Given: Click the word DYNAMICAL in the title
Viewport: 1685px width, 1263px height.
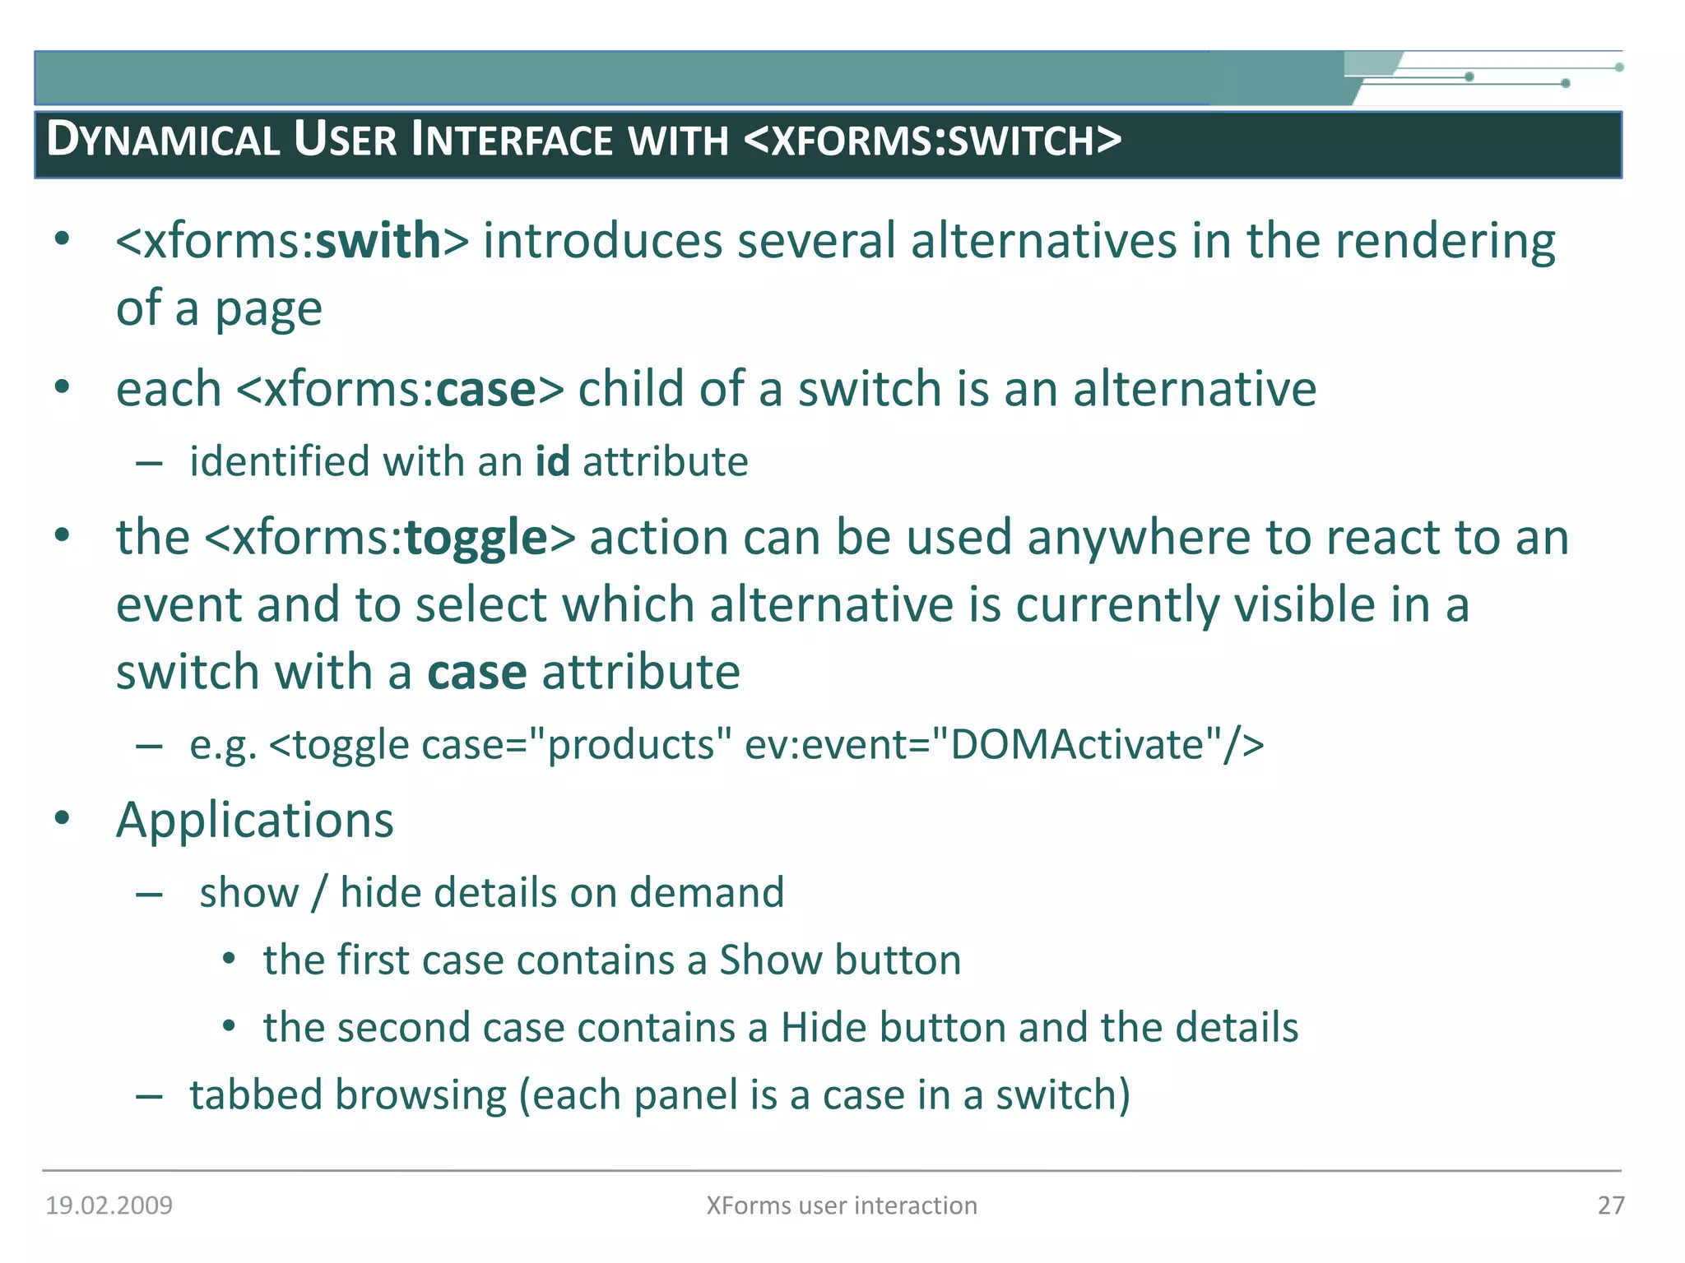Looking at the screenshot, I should click(x=163, y=140).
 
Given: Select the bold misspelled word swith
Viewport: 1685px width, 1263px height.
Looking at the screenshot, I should click(x=379, y=242).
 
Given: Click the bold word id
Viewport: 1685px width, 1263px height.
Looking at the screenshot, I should click(x=552, y=461).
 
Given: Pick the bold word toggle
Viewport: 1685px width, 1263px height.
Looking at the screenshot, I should click(x=476, y=539).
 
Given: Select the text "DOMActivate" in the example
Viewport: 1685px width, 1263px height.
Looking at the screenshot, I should click(x=1077, y=745).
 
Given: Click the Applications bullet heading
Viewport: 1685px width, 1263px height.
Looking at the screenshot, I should click(x=255, y=821).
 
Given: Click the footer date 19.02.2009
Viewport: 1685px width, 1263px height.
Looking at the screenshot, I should click(x=109, y=1205).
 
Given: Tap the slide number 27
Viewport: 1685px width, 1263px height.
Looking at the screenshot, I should click(x=1610, y=1205).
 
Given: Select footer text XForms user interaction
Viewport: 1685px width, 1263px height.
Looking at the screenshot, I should click(x=842, y=1205).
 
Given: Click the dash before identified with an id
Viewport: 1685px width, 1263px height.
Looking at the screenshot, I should click(x=149, y=463).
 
